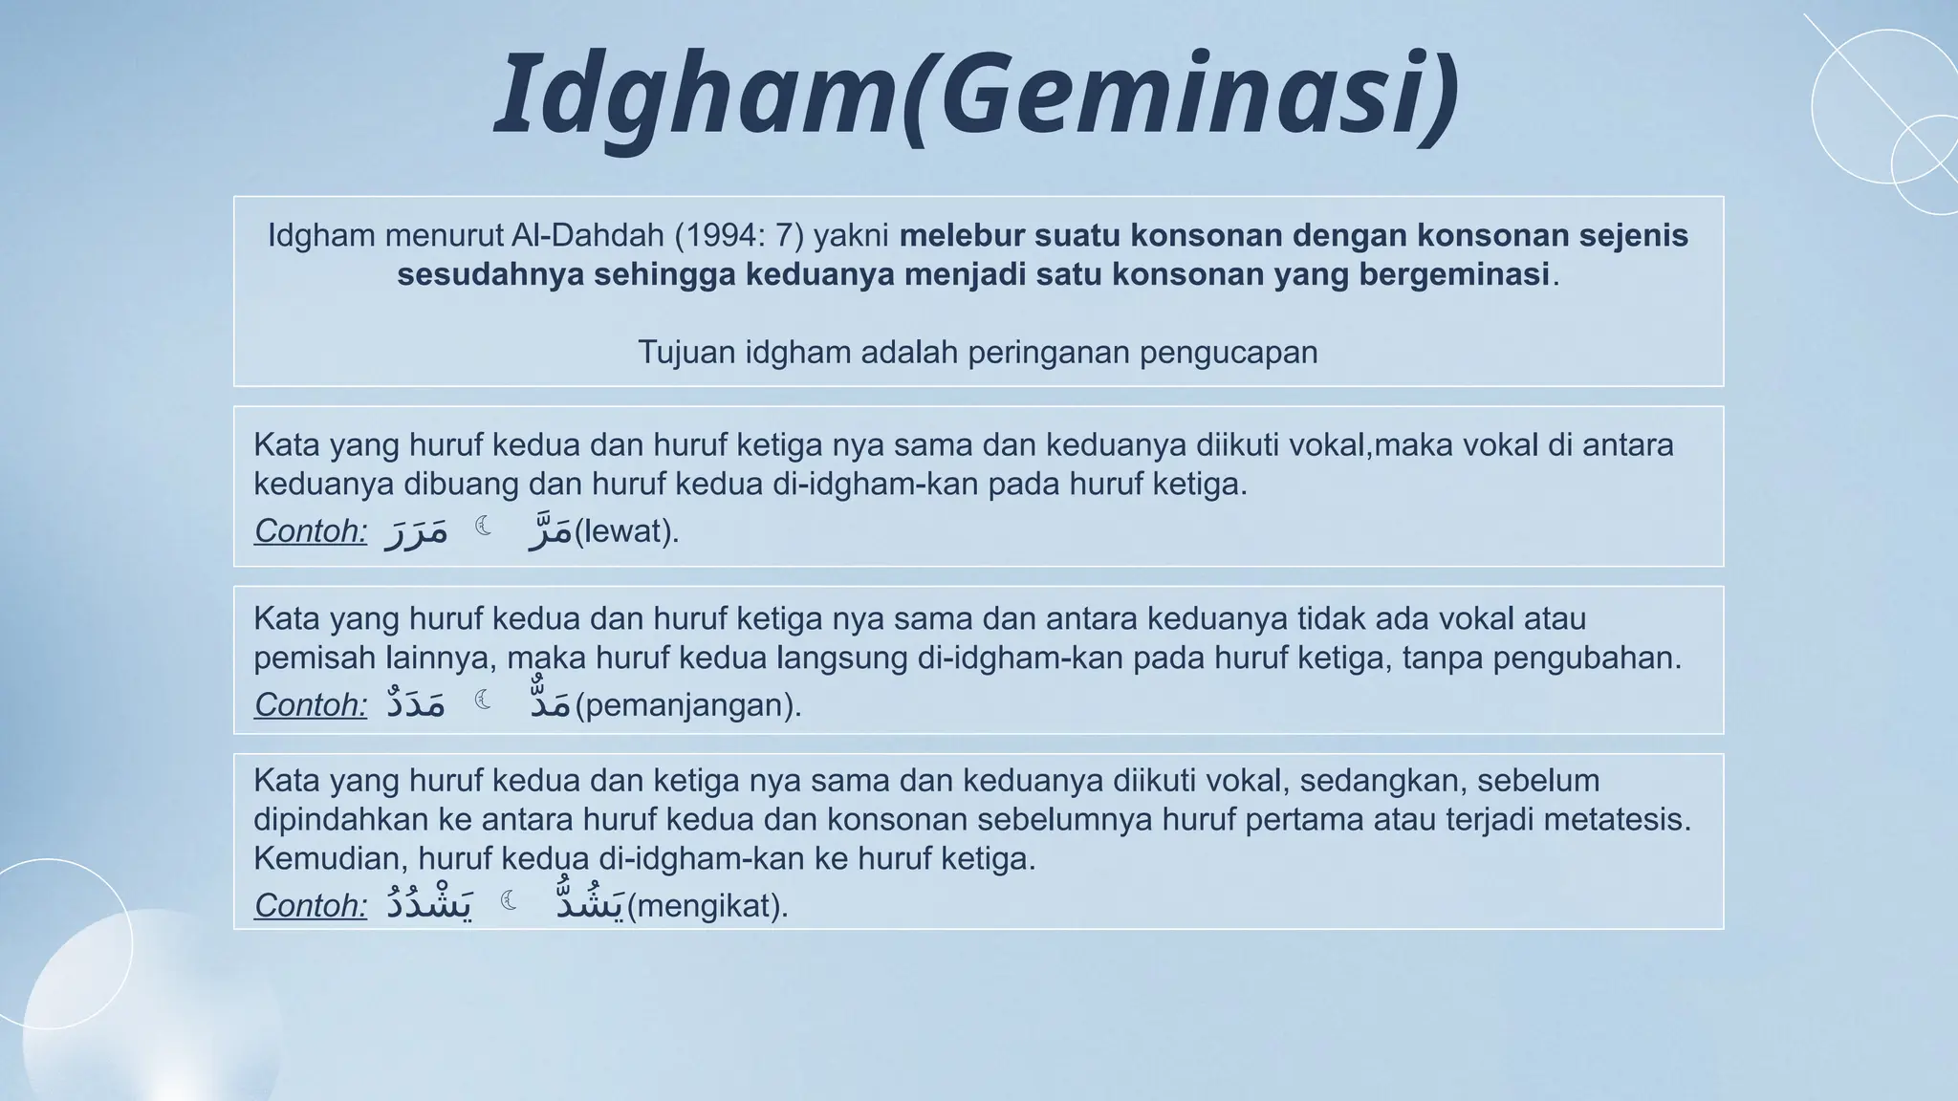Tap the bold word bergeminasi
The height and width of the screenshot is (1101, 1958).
tap(1453, 274)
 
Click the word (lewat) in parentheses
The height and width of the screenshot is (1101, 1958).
tap(625, 530)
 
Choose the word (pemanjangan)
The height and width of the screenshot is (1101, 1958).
tap(687, 705)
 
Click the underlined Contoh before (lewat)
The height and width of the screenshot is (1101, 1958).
tap(311, 530)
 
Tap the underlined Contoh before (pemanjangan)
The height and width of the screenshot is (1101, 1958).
tap(311, 705)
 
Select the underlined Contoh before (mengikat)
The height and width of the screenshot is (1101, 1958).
tap(311, 905)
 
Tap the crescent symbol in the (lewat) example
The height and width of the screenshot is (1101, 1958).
tap(484, 526)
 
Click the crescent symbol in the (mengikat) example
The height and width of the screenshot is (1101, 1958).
tap(510, 900)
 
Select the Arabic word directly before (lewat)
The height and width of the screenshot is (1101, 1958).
tap(551, 530)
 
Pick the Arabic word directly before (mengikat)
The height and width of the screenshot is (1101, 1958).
tap(591, 903)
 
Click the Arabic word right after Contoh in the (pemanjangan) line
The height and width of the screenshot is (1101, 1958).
tap(416, 704)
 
